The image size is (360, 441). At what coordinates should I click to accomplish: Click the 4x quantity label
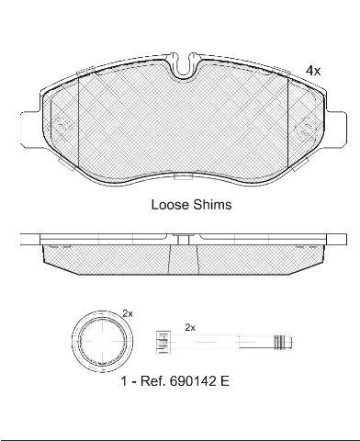(313, 71)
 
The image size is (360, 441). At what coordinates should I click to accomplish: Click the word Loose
(170, 205)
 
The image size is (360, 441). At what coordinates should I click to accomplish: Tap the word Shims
(212, 205)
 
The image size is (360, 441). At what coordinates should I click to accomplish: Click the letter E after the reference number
(224, 381)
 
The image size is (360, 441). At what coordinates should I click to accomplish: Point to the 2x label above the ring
(128, 313)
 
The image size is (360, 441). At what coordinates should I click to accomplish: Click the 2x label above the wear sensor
(190, 328)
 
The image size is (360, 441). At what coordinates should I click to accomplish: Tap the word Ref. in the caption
(152, 381)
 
